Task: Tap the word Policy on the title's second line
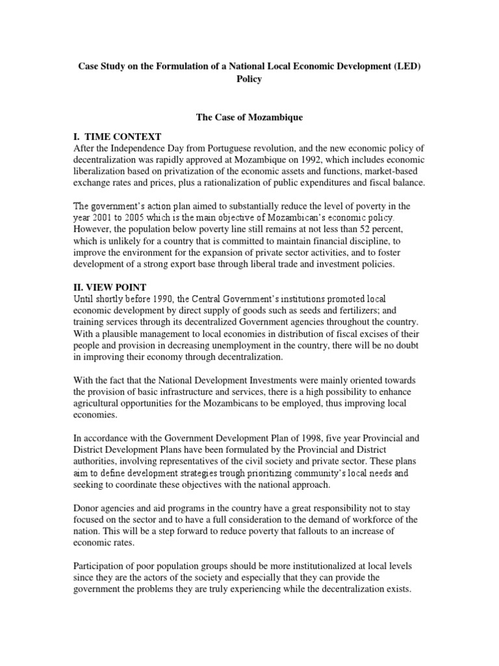coord(249,79)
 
